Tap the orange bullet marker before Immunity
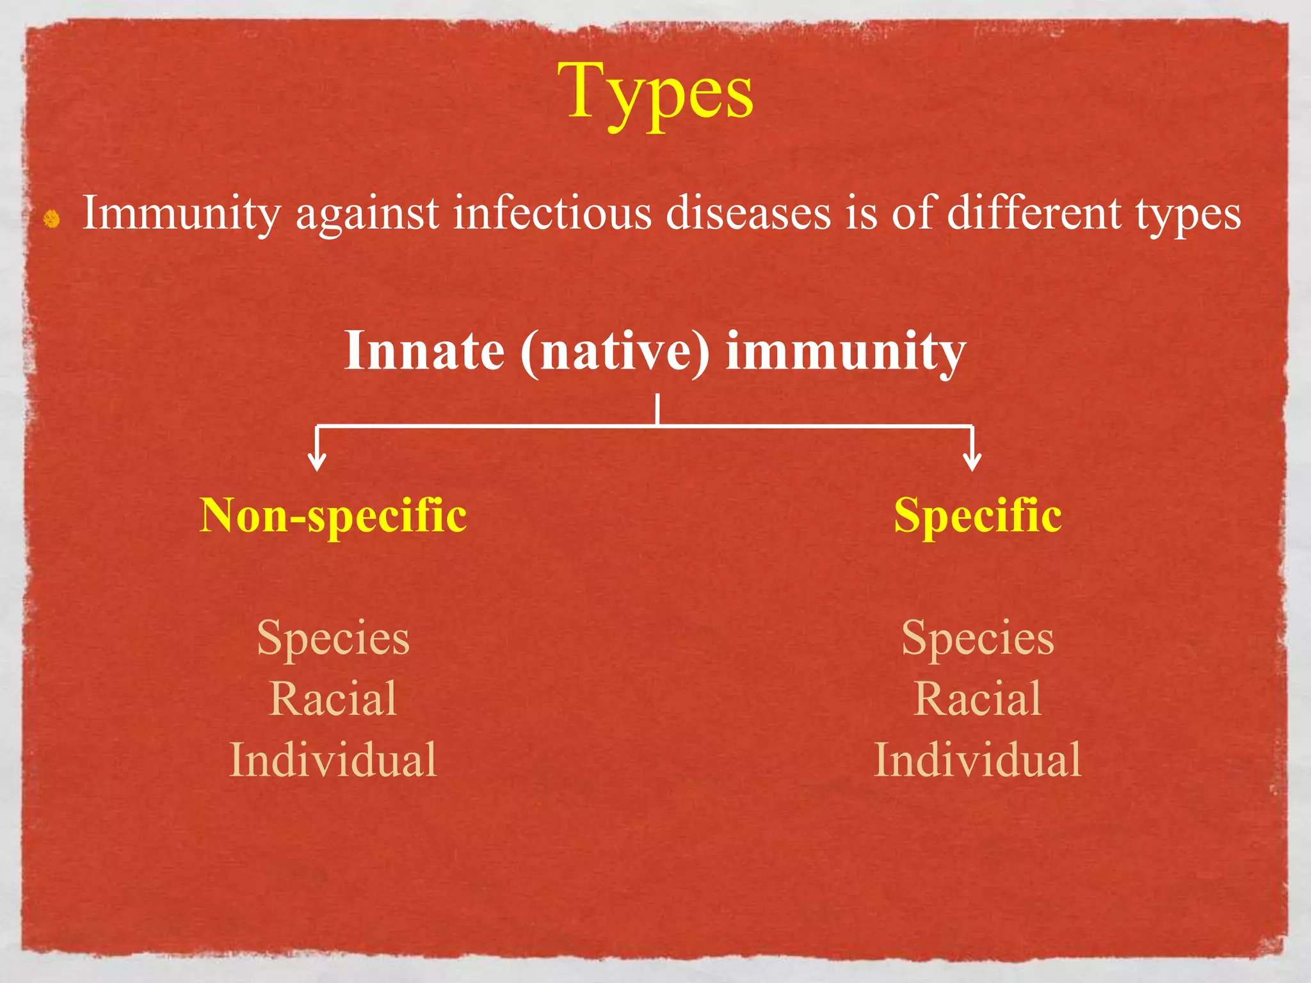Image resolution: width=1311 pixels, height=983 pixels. (52, 220)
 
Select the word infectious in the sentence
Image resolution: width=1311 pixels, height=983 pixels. (552, 213)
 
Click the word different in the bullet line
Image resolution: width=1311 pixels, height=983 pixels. (1033, 213)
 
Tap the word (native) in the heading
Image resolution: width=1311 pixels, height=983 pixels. (615, 352)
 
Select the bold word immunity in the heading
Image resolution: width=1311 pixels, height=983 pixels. (845, 352)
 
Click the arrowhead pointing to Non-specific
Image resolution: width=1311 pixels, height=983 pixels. (317, 461)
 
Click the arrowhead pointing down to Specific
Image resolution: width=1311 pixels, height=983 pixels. (972, 461)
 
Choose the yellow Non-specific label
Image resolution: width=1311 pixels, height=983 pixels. (333, 516)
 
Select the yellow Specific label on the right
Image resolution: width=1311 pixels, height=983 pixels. (977, 516)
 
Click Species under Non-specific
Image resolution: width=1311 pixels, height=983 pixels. (333, 639)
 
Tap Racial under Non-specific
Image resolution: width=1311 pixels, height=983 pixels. (333, 699)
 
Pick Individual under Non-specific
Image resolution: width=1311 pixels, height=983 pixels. (333, 760)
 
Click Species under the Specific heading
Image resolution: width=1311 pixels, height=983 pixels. (977, 639)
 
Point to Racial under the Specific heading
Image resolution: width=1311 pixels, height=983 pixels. (977, 699)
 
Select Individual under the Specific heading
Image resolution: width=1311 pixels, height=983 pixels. (977, 760)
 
